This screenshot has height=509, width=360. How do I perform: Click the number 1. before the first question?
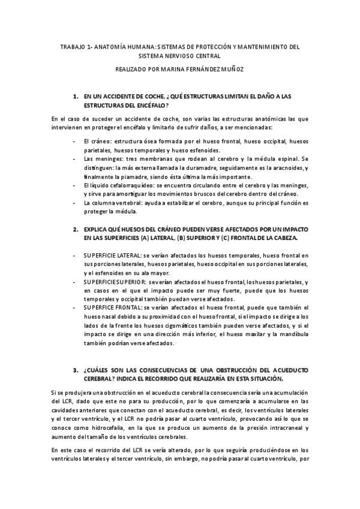point(76,95)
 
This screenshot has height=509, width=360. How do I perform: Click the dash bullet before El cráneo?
point(73,141)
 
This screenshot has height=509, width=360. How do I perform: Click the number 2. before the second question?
point(76,230)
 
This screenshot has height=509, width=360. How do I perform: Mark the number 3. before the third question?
point(76,370)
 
